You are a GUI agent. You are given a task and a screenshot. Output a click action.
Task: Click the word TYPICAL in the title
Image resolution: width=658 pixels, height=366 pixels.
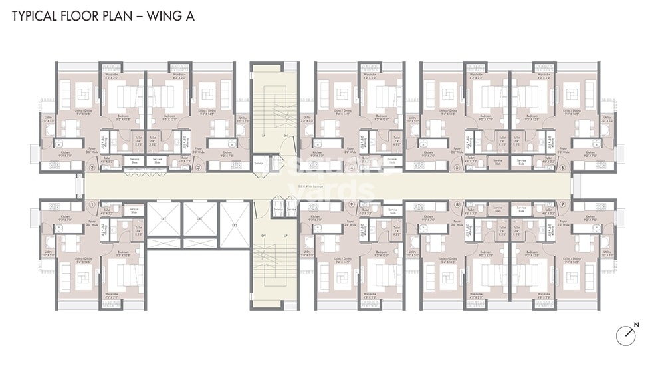pyautogui.click(x=35, y=17)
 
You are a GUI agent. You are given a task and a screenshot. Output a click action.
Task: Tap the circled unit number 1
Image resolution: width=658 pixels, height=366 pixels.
pyautogui.click(x=92, y=204)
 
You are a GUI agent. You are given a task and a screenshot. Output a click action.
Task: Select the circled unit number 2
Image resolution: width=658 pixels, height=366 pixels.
pyautogui.click(x=92, y=168)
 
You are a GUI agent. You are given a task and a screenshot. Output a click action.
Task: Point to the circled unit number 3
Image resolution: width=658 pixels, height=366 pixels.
pyautogui.click(x=198, y=168)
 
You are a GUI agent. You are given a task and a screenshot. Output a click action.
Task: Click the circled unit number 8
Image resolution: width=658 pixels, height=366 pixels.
pyautogui.click(x=457, y=204)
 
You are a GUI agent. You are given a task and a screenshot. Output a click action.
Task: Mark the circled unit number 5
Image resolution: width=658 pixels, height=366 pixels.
pyautogui.click(x=457, y=168)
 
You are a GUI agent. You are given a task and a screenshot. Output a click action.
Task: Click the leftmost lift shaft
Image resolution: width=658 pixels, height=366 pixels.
pyautogui.click(x=164, y=219)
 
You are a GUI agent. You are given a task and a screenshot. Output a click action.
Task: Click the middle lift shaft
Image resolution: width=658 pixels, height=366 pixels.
pyautogui.click(x=200, y=219)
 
